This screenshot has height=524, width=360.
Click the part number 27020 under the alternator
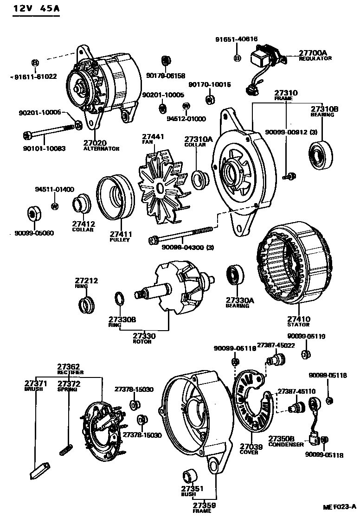pos(95,143)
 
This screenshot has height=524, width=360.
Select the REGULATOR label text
pos(315,59)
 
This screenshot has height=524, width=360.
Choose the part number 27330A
pos(240,300)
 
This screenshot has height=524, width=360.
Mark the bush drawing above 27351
pos(190,477)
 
